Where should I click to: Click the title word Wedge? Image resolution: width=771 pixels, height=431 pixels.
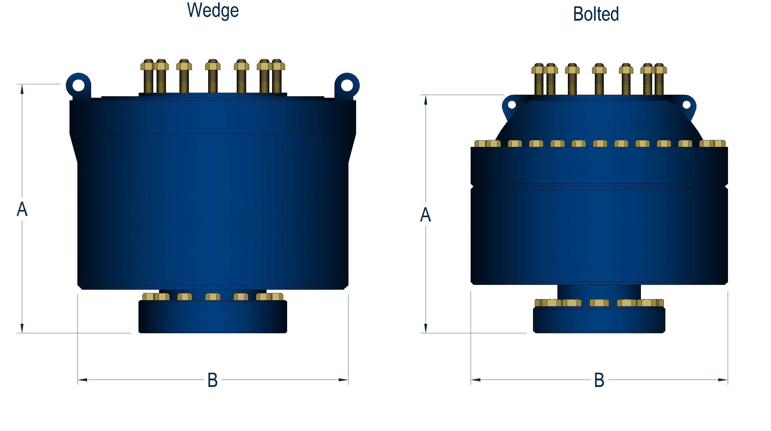pos(213,10)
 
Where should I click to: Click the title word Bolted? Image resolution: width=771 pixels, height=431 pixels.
pos(596,14)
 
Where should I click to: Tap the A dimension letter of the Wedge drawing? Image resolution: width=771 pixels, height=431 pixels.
pos(22,209)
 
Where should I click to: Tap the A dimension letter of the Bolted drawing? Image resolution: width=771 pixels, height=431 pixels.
pos(425,215)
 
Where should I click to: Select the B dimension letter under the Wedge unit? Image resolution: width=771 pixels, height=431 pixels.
pos(213,380)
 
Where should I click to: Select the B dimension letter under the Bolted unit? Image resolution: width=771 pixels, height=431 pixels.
pos(599,380)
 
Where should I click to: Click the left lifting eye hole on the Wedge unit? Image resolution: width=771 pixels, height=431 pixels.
pos(79,86)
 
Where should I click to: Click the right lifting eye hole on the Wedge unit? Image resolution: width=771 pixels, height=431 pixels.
pos(347,86)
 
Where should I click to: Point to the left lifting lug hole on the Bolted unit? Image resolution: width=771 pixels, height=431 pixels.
pos(512,105)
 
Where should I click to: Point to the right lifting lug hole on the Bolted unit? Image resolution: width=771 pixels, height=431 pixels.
pos(686,105)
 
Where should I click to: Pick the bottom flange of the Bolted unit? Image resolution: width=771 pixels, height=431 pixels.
pos(599,320)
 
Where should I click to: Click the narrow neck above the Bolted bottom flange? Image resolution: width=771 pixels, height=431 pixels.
pos(599,292)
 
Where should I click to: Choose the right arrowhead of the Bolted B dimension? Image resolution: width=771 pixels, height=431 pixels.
pos(723,380)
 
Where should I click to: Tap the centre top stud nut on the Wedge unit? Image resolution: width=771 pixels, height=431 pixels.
pos(213,65)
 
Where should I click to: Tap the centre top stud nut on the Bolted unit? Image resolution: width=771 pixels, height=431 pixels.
pos(599,69)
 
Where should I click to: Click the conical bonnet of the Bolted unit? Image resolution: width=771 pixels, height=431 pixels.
pos(599,120)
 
